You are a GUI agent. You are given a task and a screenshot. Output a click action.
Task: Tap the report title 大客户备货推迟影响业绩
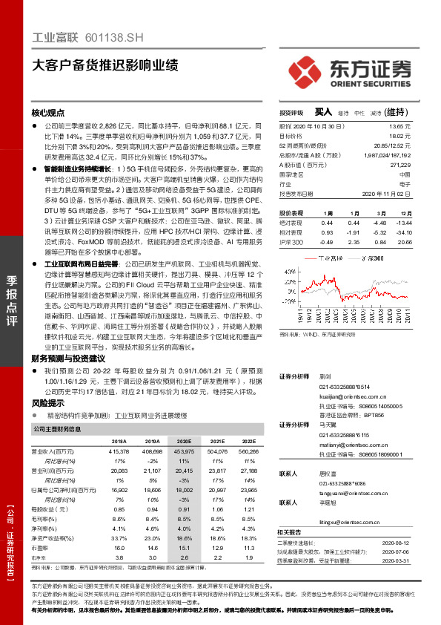[105, 65]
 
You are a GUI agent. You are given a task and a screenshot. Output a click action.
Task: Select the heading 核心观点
[48, 114]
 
